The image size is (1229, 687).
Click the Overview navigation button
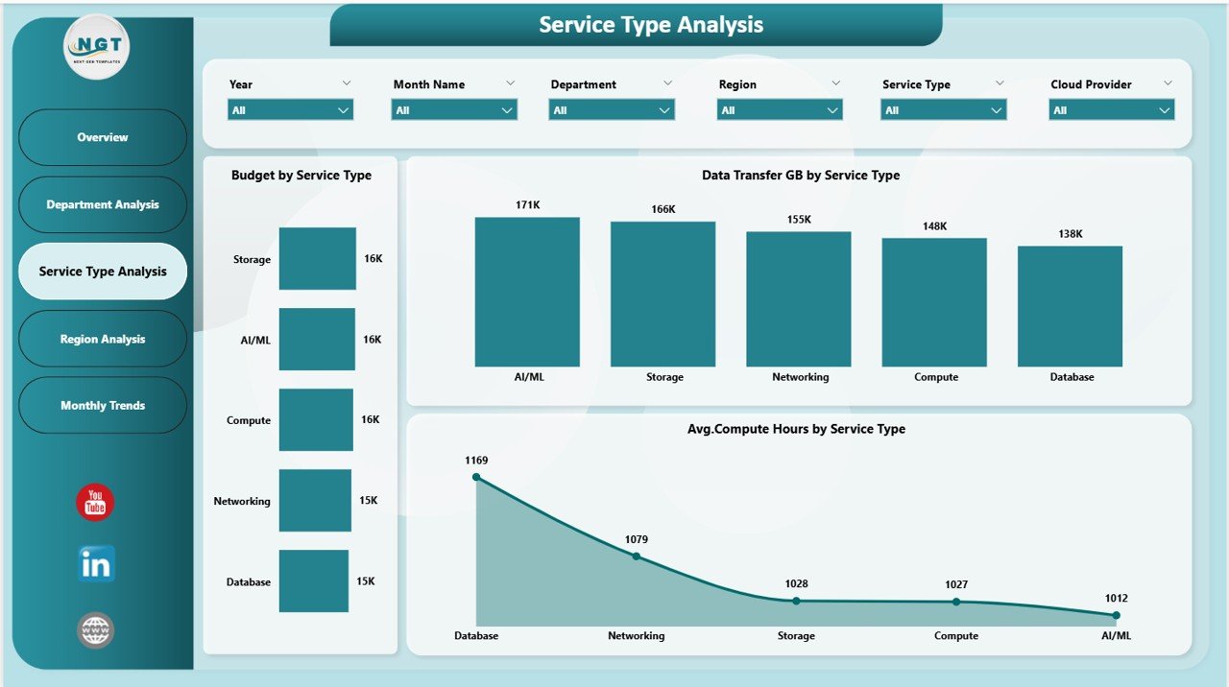[x=103, y=137]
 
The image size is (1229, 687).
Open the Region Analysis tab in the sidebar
[x=103, y=339]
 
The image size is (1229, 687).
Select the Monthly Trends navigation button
[x=103, y=406]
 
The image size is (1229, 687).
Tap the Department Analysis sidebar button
[x=103, y=204]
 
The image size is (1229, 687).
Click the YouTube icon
[x=95, y=503]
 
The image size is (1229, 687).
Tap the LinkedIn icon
[x=96, y=564]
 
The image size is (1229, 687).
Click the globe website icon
[x=96, y=630]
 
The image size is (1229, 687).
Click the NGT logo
[x=97, y=47]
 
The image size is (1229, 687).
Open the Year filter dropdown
[x=291, y=110]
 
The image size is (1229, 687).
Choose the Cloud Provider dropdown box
[x=1111, y=110]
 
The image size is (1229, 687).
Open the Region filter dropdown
[x=780, y=110]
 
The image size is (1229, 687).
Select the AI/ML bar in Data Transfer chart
[x=527, y=292]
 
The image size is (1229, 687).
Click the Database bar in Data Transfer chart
[x=1070, y=306]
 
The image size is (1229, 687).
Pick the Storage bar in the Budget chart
[x=317, y=258]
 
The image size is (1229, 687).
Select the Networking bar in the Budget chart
[x=315, y=500]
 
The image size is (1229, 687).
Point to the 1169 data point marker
[x=476, y=477]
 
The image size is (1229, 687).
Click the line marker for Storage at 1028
[x=796, y=601]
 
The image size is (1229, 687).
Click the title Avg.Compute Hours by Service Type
[x=796, y=429]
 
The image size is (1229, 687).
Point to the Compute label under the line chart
[x=956, y=635]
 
